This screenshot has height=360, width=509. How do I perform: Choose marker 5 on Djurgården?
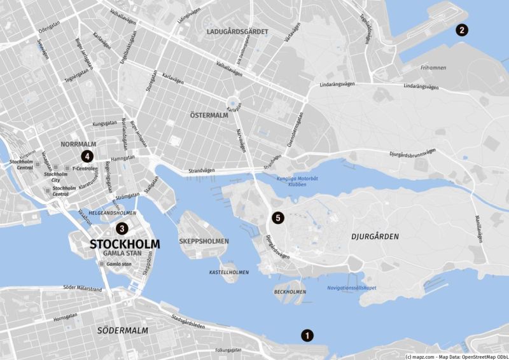(x=277, y=218)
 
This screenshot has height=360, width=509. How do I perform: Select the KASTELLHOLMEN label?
(x=229, y=272)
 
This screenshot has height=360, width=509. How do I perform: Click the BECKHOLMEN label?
(x=289, y=292)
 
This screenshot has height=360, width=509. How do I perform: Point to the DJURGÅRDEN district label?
(x=375, y=237)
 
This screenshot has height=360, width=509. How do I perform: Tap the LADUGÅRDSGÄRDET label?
(x=237, y=31)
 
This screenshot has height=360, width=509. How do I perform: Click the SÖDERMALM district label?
(x=123, y=331)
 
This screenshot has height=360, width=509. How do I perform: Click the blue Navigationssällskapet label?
(x=351, y=287)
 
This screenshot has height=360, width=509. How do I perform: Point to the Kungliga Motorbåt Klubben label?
(x=291, y=181)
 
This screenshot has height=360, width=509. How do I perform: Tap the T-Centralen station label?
(x=85, y=169)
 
